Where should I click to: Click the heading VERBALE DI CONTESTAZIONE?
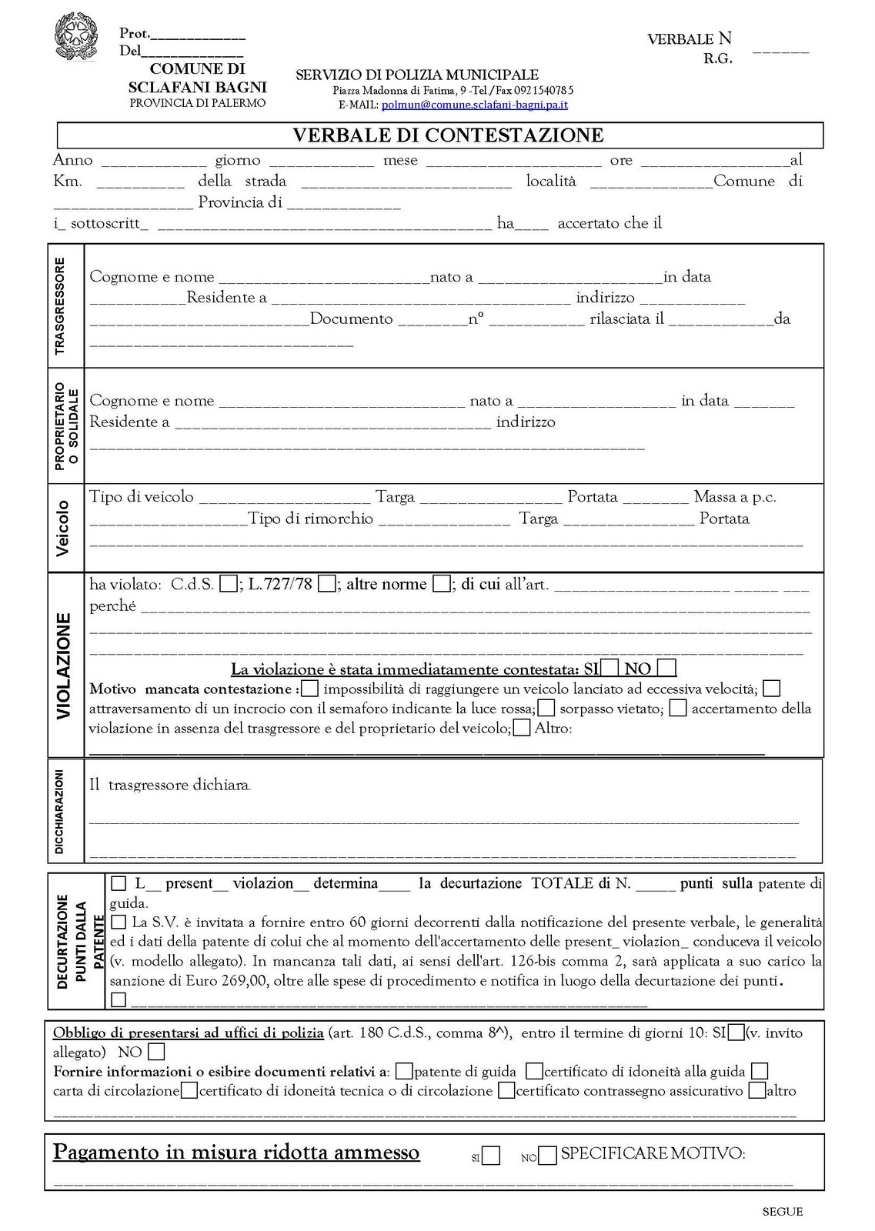[448, 135]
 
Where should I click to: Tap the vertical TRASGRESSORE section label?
[61, 305]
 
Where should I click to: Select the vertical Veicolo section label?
[63, 528]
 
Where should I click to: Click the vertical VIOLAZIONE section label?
[64, 666]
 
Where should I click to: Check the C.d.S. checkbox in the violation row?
[228, 584]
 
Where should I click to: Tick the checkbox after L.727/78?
[326, 584]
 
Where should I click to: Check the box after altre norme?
[441, 584]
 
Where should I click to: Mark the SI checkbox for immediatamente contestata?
[610, 668]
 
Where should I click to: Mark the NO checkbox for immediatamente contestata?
[667, 668]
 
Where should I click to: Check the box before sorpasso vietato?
[546, 708]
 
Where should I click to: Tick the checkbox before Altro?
[522, 728]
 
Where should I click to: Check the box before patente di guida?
[403, 1071]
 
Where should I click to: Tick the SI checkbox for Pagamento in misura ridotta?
[491, 1156]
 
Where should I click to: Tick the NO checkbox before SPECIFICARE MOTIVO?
[547, 1156]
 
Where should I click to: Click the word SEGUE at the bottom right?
[782, 1212]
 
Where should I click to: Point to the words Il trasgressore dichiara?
[169, 786]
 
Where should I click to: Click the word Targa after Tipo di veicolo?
[395, 497]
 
